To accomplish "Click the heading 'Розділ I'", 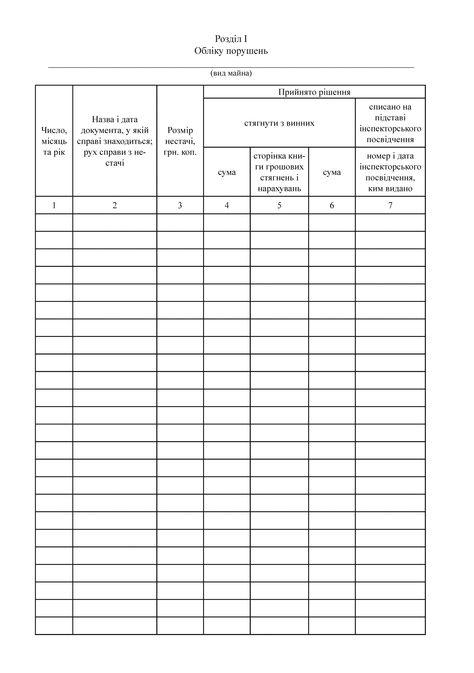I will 231,39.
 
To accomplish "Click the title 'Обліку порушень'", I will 231,51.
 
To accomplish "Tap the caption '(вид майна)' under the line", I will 231,73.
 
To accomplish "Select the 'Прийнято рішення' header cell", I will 314,92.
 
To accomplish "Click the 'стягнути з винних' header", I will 279,123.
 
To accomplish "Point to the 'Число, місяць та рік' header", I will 54,141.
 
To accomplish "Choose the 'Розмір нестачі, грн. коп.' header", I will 180,141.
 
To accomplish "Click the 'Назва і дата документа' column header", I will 115,141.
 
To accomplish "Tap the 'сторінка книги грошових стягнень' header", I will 279,172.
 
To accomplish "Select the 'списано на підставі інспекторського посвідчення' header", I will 390,123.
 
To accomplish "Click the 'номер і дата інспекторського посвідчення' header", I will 390,172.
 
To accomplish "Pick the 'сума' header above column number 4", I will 227,172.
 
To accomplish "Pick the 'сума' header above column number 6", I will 332,172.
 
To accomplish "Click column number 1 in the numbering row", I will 54,205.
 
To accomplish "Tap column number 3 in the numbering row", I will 180,205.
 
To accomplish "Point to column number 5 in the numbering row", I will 279,205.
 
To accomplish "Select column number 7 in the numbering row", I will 390,205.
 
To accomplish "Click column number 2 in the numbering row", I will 115,205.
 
